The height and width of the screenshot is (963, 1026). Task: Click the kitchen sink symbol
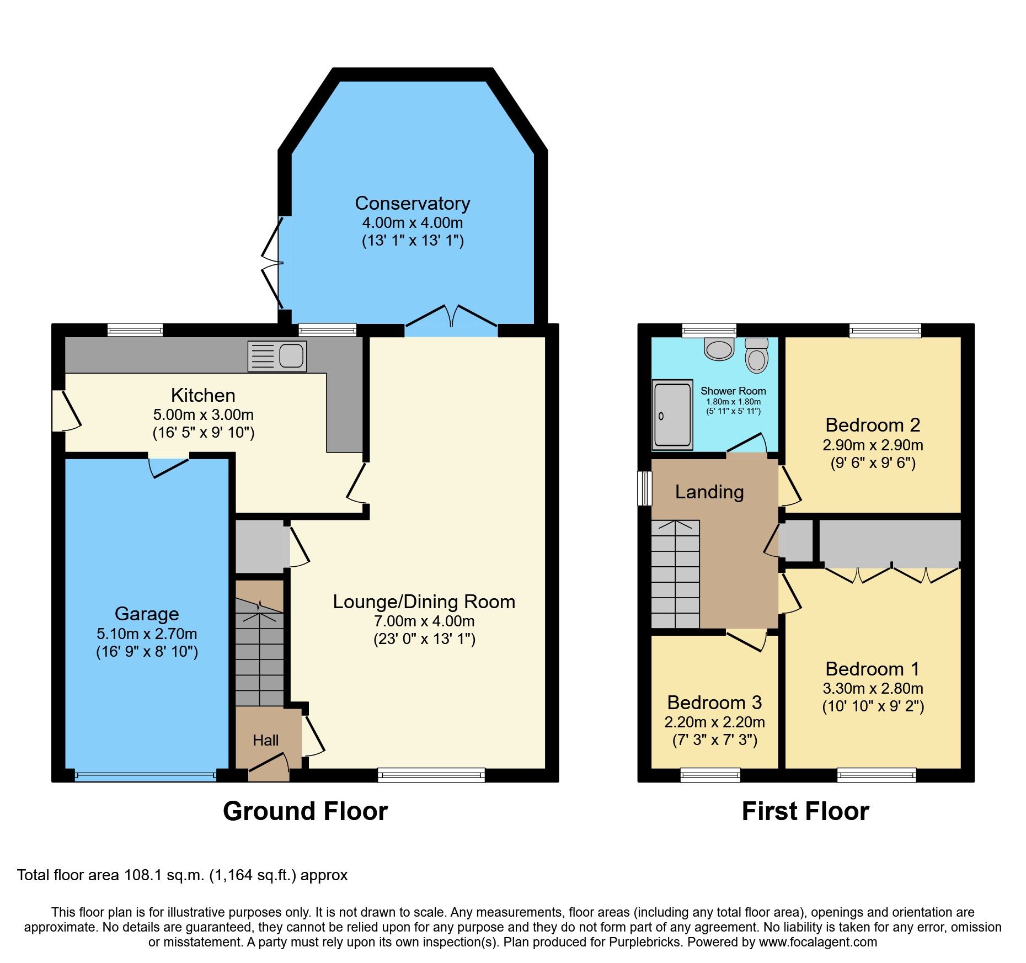tap(277, 356)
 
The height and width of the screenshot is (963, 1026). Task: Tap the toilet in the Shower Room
tap(756, 356)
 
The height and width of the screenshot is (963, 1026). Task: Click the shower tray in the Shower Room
tap(672, 414)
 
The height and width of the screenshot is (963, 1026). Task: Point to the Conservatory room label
tap(412, 203)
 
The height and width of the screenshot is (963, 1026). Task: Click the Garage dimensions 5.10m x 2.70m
tap(147, 634)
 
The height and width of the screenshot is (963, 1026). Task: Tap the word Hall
tap(265, 741)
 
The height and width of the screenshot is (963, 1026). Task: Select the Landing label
tap(709, 492)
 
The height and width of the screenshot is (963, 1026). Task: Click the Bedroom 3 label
tap(714, 703)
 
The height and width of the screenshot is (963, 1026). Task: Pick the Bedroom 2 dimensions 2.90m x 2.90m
tap(873, 445)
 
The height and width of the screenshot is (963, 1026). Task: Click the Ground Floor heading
tap(305, 811)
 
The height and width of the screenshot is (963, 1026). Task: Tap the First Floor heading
tap(805, 811)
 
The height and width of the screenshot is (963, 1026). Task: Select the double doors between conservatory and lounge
tap(451, 320)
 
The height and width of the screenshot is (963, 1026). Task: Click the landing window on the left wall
tap(644, 488)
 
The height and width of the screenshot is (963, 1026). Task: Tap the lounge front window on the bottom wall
tap(431, 775)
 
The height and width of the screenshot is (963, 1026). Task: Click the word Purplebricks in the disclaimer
tap(644, 942)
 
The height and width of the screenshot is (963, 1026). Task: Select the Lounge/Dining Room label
tap(424, 602)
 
